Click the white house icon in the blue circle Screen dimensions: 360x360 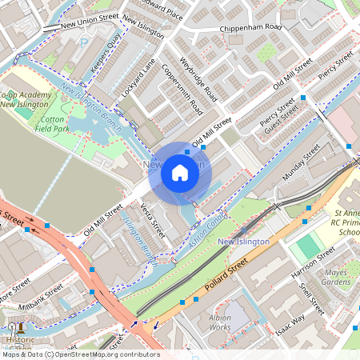pyautogui.click(x=180, y=172)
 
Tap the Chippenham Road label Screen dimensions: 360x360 pyautogui.click(x=251, y=28)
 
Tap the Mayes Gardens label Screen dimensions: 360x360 pyautogui.click(x=336, y=277)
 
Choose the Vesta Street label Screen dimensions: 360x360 pyautogui.click(x=152, y=221)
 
